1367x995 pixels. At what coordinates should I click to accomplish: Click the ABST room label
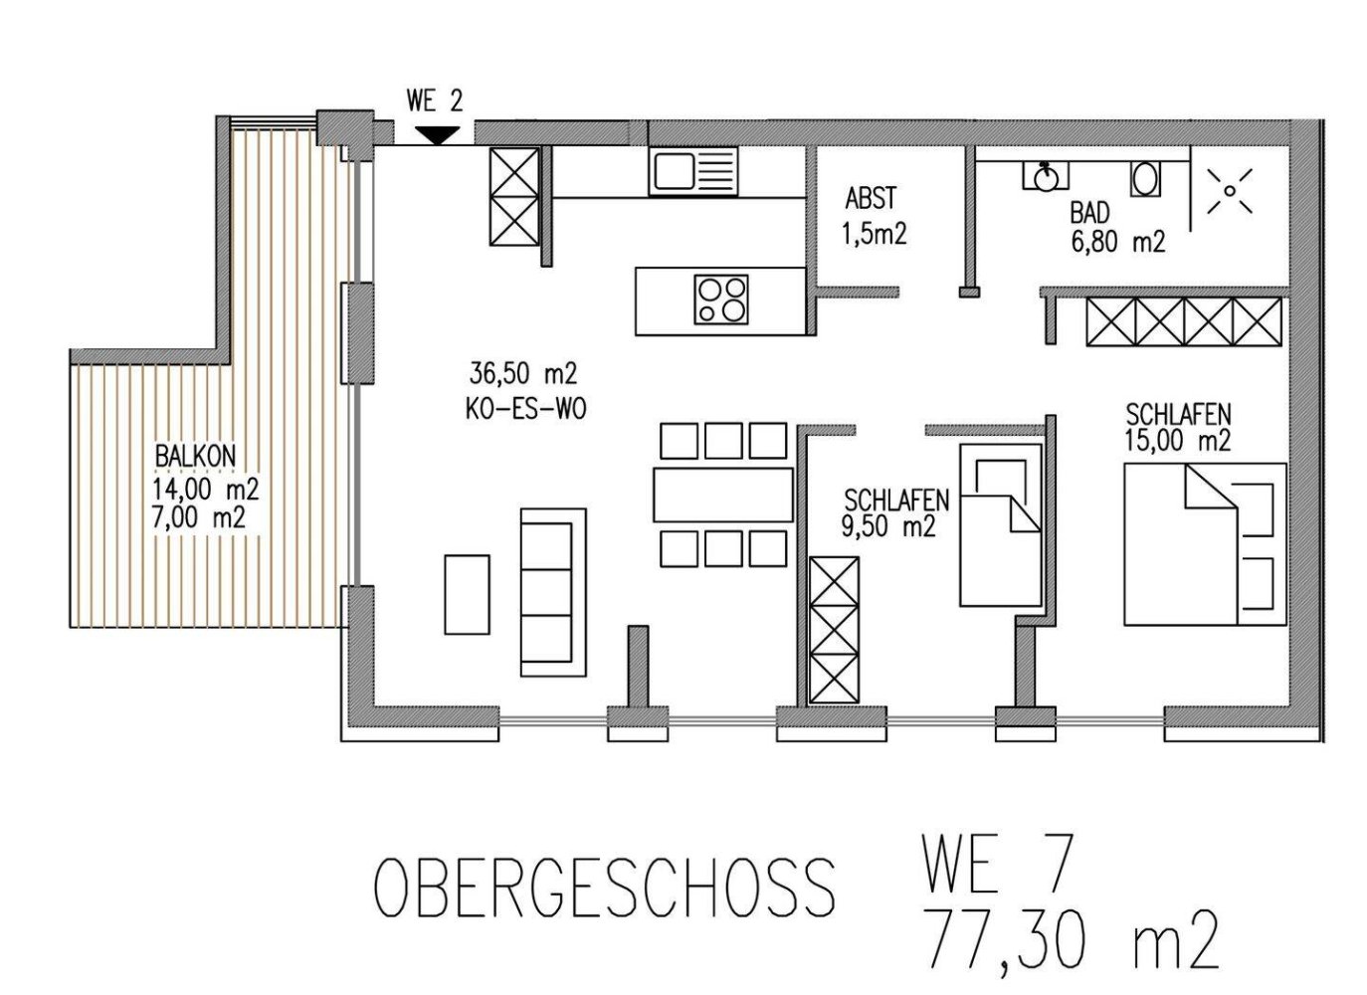[871, 198]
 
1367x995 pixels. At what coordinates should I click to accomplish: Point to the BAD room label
[1089, 212]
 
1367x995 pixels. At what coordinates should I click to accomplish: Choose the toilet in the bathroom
[1145, 179]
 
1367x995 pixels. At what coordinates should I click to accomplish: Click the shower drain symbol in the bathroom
[1230, 190]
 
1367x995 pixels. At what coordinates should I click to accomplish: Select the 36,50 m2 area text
[523, 374]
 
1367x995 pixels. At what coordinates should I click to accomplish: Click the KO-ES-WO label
[524, 409]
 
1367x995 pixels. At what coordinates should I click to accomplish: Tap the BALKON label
[195, 456]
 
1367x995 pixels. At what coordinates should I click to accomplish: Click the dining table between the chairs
[723, 495]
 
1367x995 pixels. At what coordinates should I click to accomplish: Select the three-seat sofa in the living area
[553, 586]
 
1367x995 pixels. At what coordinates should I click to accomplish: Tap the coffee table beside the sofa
[467, 594]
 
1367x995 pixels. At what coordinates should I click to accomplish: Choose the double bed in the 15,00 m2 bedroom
[1204, 543]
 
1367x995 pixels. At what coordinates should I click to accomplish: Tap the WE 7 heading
[998, 865]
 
